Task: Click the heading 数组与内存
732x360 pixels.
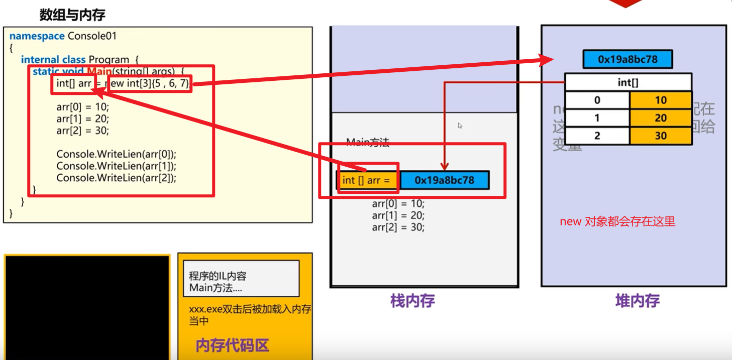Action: (72, 15)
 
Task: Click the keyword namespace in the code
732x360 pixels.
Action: (37, 36)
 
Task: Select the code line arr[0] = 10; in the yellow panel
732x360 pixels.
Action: (82, 107)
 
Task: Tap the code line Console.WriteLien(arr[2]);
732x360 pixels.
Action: (117, 178)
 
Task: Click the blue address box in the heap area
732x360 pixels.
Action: (627, 59)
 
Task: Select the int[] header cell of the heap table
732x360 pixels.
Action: (628, 82)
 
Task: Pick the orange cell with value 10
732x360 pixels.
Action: (660, 100)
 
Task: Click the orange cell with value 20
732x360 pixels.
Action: (660, 118)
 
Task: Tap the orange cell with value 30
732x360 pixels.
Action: (660, 136)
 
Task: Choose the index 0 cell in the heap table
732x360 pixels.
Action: (597, 100)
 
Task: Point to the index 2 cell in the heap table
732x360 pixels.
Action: (597, 136)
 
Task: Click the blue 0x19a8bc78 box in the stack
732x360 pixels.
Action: (444, 180)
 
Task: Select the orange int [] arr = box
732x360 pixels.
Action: (366, 180)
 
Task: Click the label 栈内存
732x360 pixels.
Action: (412, 301)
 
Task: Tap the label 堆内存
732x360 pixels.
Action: (637, 301)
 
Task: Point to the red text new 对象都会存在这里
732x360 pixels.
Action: (617, 221)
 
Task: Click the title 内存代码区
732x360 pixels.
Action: (232, 345)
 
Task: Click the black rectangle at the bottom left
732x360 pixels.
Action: (87, 307)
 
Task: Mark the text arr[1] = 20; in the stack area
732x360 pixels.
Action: (398, 215)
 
